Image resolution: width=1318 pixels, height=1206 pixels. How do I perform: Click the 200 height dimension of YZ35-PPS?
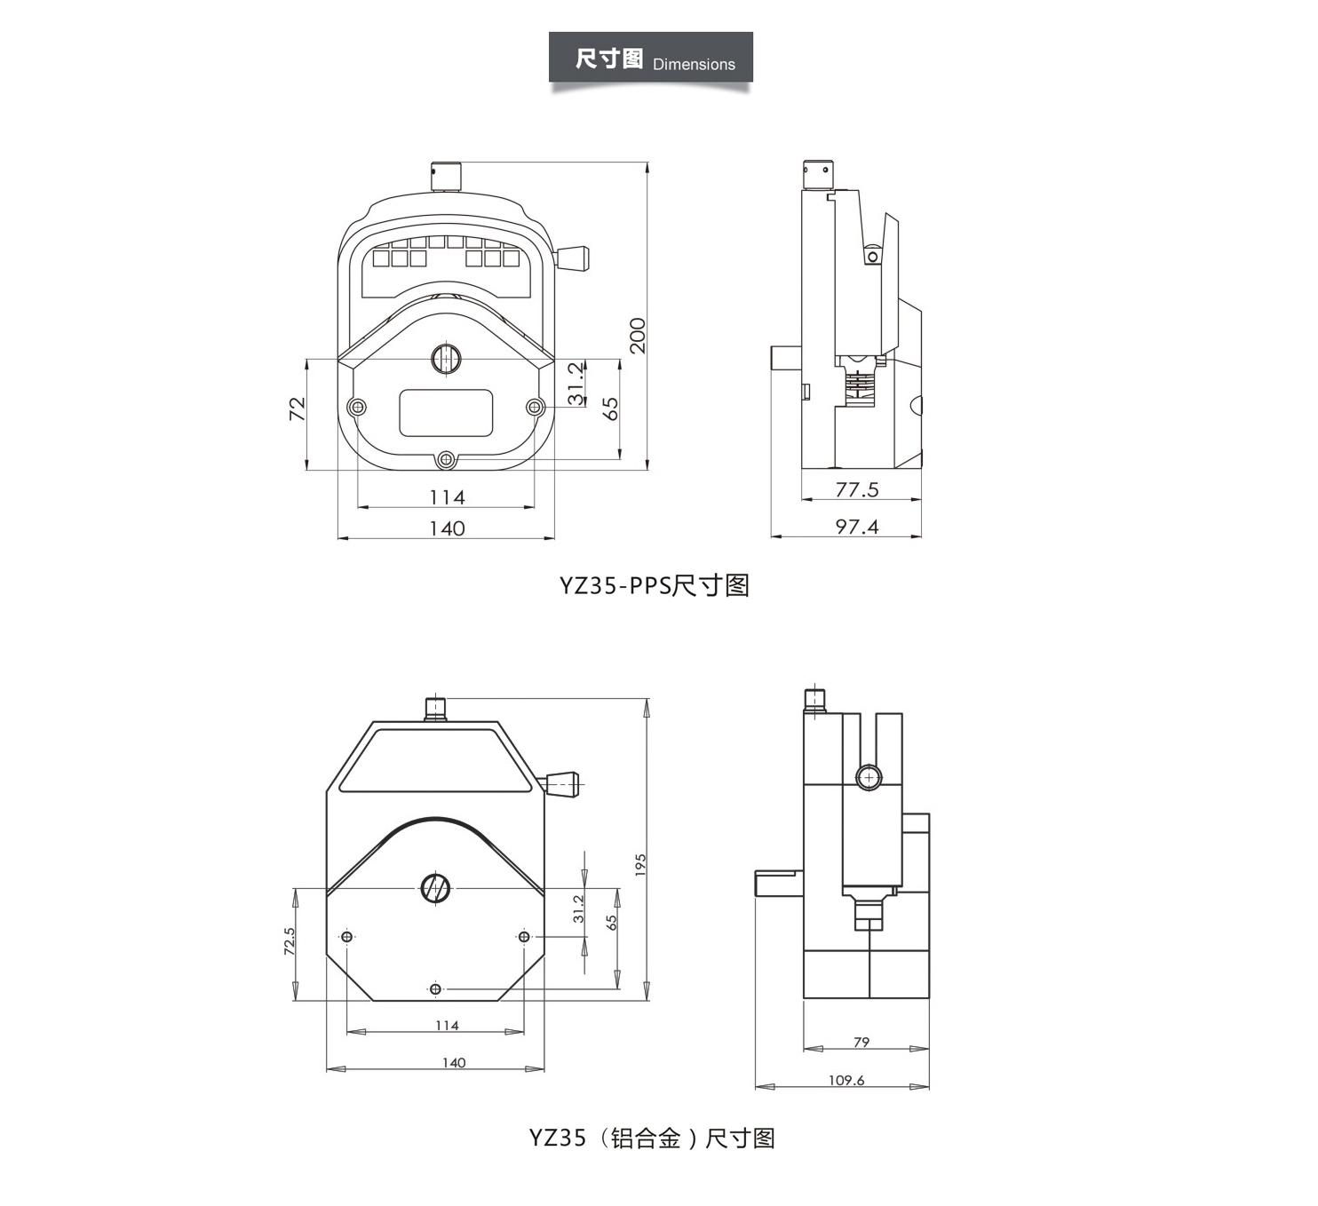click(x=638, y=335)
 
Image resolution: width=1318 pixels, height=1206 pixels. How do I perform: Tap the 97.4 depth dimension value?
click(x=857, y=527)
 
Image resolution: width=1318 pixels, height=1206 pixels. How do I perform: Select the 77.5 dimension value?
click(x=857, y=489)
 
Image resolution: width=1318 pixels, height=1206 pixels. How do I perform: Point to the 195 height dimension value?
click(x=640, y=866)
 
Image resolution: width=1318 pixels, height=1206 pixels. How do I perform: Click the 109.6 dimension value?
click(x=846, y=1080)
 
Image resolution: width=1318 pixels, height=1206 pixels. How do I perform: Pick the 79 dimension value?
click(x=861, y=1042)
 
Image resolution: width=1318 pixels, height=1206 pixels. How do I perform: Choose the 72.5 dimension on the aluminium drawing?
click(x=290, y=941)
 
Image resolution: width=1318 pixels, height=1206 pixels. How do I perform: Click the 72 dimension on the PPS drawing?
click(x=298, y=409)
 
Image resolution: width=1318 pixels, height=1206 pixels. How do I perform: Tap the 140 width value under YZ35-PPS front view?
click(x=447, y=528)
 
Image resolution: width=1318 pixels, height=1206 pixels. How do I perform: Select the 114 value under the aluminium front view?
click(x=447, y=1025)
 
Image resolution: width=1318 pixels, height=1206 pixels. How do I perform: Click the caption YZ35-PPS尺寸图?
click(x=655, y=585)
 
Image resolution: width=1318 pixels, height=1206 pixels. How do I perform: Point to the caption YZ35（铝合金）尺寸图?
click(x=652, y=1138)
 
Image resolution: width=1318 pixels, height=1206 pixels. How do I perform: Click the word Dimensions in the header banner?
click(x=694, y=65)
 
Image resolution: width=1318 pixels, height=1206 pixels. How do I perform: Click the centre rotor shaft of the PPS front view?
click(x=446, y=359)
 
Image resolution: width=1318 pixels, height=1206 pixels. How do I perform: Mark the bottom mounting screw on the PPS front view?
click(x=446, y=459)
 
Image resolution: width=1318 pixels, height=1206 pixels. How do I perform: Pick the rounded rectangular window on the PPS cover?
click(x=446, y=412)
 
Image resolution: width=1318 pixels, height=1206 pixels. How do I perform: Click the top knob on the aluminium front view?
click(x=435, y=708)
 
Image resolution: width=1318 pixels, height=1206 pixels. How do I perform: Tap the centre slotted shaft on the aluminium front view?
click(x=435, y=887)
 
